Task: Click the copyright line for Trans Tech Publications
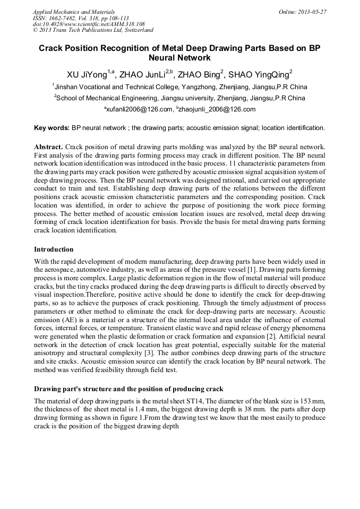(x=93, y=30)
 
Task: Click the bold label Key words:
(x=52, y=128)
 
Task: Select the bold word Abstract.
(x=48, y=146)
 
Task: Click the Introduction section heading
(x=54, y=249)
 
